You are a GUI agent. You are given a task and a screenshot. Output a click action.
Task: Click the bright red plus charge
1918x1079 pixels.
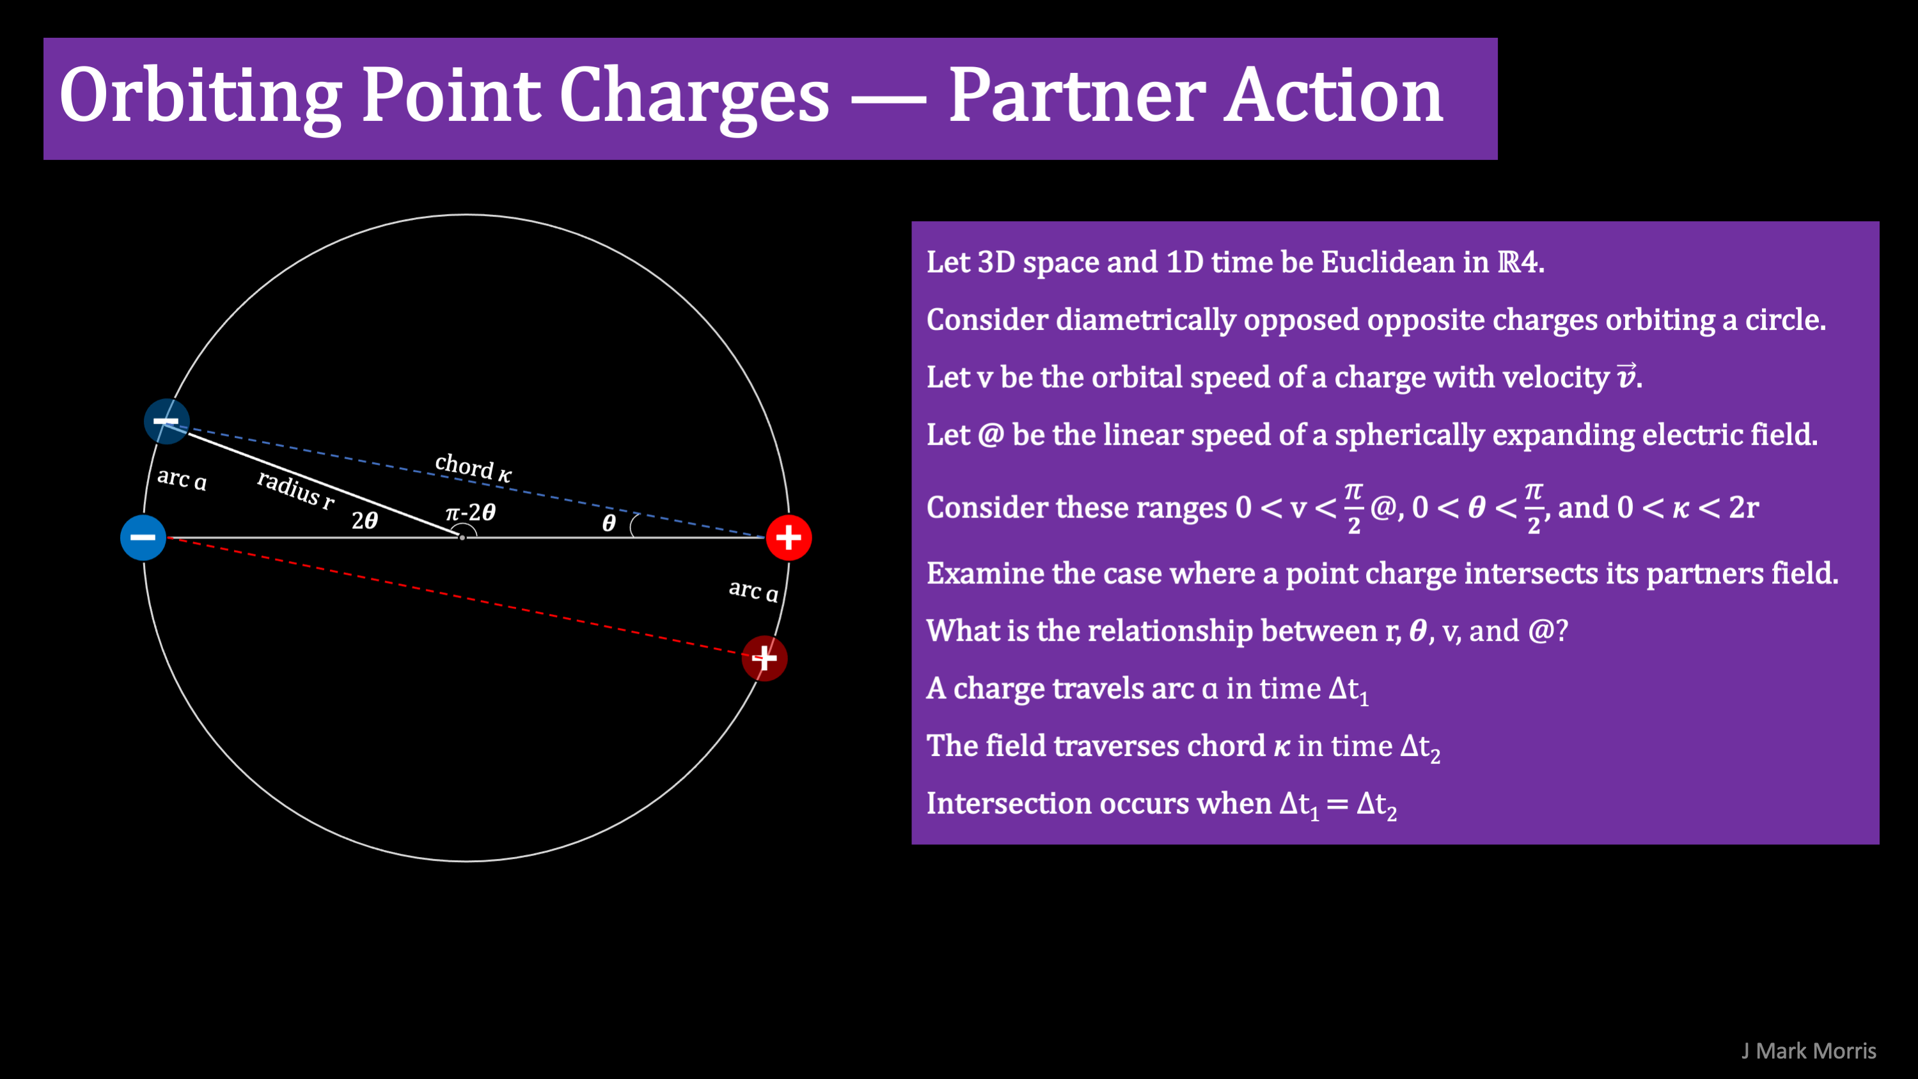pyautogui.click(x=789, y=537)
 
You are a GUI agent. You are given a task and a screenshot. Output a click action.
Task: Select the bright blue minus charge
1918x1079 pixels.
pyautogui.click(x=143, y=537)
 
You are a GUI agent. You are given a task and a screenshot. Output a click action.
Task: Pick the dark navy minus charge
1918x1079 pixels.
pyautogui.click(x=166, y=421)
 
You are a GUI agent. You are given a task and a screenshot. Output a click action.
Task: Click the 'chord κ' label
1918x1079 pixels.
pyautogui.click(x=473, y=468)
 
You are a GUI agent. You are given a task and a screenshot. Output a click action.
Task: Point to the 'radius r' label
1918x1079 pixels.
pyautogui.click(x=295, y=489)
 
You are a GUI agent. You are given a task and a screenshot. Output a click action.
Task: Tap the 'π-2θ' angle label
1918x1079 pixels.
pyautogui.click(x=470, y=512)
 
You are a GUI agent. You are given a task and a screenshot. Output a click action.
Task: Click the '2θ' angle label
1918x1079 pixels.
pyautogui.click(x=365, y=520)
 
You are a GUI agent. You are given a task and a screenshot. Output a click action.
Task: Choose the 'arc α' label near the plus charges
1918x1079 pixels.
pyautogui.click(x=753, y=590)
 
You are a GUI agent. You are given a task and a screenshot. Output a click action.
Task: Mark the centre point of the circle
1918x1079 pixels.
pyautogui.click(x=462, y=537)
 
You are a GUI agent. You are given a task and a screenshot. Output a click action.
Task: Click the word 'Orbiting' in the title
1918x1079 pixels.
pyautogui.click(x=200, y=96)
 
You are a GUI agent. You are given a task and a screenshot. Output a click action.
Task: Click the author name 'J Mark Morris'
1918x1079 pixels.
pyautogui.click(x=1809, y=1051)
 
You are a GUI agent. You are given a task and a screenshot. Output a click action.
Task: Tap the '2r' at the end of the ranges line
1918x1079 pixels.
pyautogui.click(x=1744, y=508)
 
